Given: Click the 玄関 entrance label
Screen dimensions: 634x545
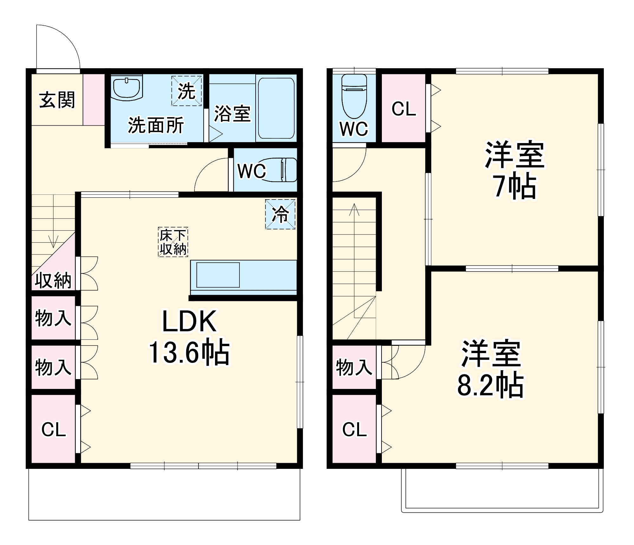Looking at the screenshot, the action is click(57, 100).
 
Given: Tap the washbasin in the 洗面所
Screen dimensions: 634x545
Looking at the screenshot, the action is click(127, 88).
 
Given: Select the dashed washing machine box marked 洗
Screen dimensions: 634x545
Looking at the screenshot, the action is click(186, 91).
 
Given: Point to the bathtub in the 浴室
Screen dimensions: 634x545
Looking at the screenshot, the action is click(276, 108).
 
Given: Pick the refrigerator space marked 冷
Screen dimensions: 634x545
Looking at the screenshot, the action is click(280, 214).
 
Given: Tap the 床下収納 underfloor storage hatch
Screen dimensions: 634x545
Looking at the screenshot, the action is click(173, 242).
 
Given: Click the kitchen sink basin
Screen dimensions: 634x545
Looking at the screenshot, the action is click(218, 275).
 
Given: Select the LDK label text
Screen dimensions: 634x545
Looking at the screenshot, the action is click(189, 321).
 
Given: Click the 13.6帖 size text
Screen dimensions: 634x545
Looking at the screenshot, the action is click(189, 352).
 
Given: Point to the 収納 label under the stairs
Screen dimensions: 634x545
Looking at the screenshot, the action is click(53, 280).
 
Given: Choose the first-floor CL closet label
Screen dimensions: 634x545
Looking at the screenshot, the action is click(54, 430).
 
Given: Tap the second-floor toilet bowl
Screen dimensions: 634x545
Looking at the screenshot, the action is click(354, 96).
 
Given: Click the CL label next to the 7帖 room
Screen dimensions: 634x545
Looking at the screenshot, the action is click(404, 109).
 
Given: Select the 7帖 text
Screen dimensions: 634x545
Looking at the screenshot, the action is click(514, 187).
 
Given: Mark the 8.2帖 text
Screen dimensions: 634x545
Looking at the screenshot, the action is click(490, 385).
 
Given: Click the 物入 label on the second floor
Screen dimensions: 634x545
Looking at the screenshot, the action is click(354, 367).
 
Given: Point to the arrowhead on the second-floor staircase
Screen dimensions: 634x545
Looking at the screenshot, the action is click(354, 209).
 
